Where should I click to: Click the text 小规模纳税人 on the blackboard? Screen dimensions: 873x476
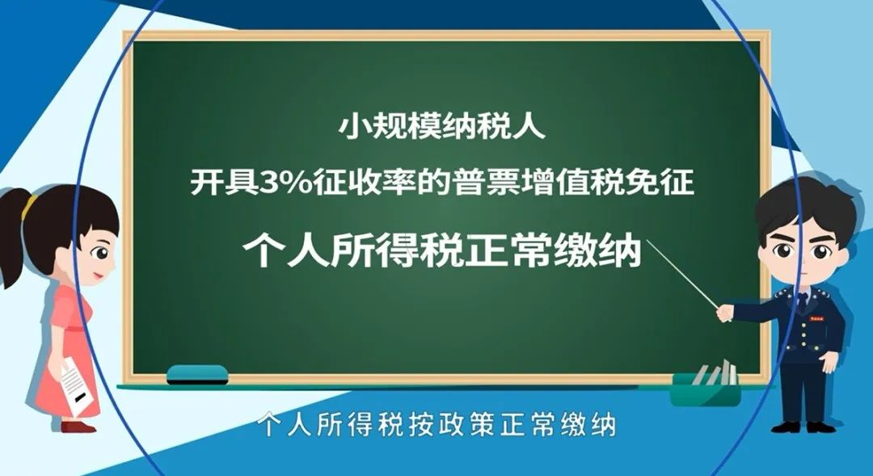[441, 128]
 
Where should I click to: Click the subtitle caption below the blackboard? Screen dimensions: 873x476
[437, 425]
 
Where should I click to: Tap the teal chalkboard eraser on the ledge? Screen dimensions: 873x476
[197, 374]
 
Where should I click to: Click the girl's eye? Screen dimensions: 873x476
[101, 253]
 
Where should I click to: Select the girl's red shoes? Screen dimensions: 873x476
[78, 427]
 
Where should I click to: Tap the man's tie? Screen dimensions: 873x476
[802, 302]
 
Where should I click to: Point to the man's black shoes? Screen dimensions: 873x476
[803, 427]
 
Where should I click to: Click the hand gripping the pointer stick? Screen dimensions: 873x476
[724, 312]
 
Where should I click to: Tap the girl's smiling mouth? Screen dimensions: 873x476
[99, 276]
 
